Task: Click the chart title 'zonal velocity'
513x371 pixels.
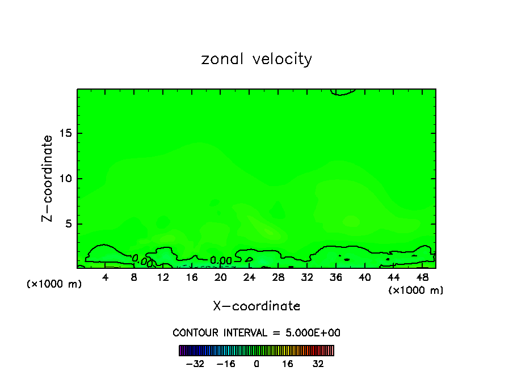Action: [256, 59]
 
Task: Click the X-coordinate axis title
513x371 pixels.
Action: [256, 306]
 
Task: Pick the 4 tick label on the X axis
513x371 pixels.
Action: [106, 277]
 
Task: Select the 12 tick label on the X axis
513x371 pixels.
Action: [163, 277]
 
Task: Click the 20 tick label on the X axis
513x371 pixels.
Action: [220, 277]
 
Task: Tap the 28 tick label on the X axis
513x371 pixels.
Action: [278, 277]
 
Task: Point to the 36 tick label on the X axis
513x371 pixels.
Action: [335, 277]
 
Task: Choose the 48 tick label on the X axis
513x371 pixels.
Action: [422, 277]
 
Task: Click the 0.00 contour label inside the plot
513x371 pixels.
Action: [221, 260]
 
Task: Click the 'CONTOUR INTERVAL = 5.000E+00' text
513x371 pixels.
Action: [256, 332]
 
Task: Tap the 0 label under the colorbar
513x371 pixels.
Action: [256, 364]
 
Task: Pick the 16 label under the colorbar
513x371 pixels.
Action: [288, 364]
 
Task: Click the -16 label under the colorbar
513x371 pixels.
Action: [226, 364]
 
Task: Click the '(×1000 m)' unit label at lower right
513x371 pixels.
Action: [416, 290]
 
